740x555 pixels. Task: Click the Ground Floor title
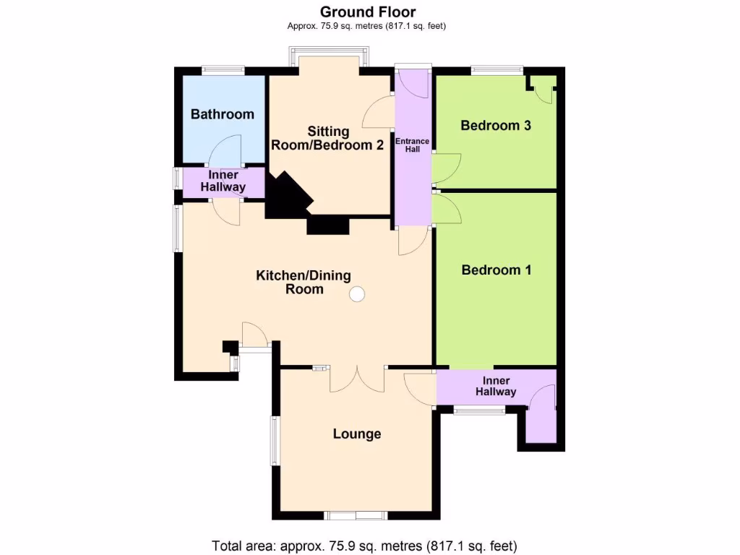[x=368, y=12]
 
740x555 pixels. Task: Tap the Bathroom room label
[x=222, y=114]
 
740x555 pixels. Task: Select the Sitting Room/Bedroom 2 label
[x=327, y=138]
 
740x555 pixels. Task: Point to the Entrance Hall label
[x=412, y=145]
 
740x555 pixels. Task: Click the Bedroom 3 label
[x=496, y=126]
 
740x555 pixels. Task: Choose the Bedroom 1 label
[x=496, y=270]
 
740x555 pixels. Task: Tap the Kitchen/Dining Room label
[x=304, y=282]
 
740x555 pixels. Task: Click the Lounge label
[x=356, y=434]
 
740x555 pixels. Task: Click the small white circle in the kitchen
[x=356, y=294]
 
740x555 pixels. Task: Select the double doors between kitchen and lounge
[x=357, y=377]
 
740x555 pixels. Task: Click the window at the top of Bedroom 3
[x=496, y=70]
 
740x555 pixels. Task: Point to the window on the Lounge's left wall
[x=275, y=440]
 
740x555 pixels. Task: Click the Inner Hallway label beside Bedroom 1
[x=496, y=387]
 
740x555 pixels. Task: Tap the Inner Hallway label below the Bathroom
[x=227, y=181]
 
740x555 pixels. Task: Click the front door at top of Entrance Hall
[x=413, y=82]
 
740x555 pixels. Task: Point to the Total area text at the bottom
[x=364, y=546]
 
